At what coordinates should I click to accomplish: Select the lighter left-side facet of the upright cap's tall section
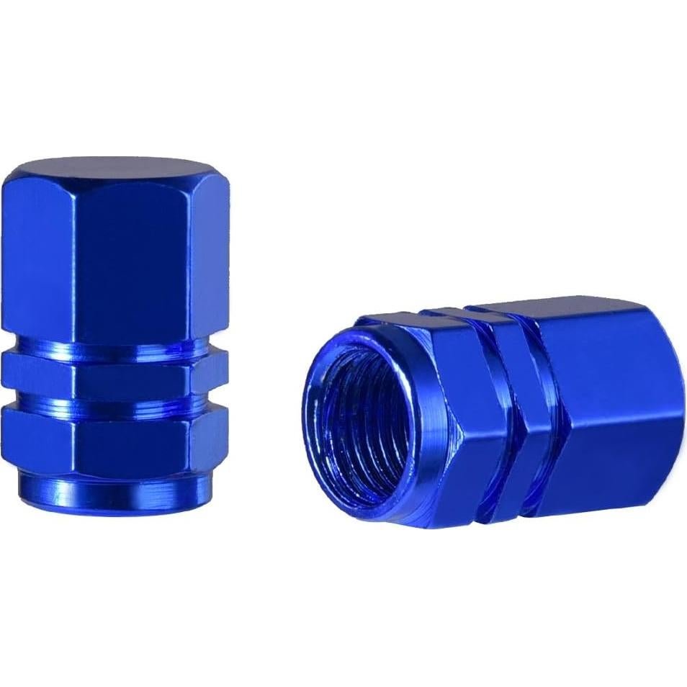[x=40, y=252]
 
